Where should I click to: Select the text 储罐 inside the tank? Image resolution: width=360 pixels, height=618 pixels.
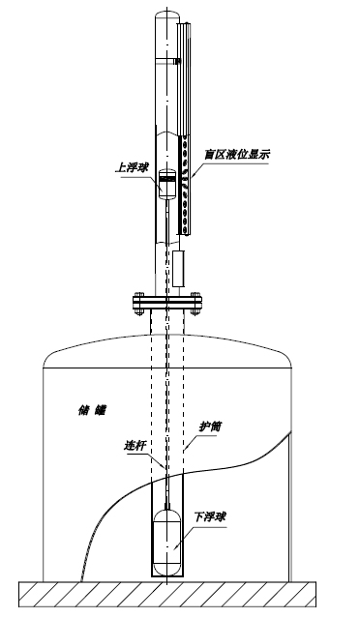[92, 409]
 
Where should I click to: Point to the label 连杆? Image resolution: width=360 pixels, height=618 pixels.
[137, 446]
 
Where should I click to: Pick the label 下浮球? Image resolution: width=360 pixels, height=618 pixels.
[212, 517]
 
